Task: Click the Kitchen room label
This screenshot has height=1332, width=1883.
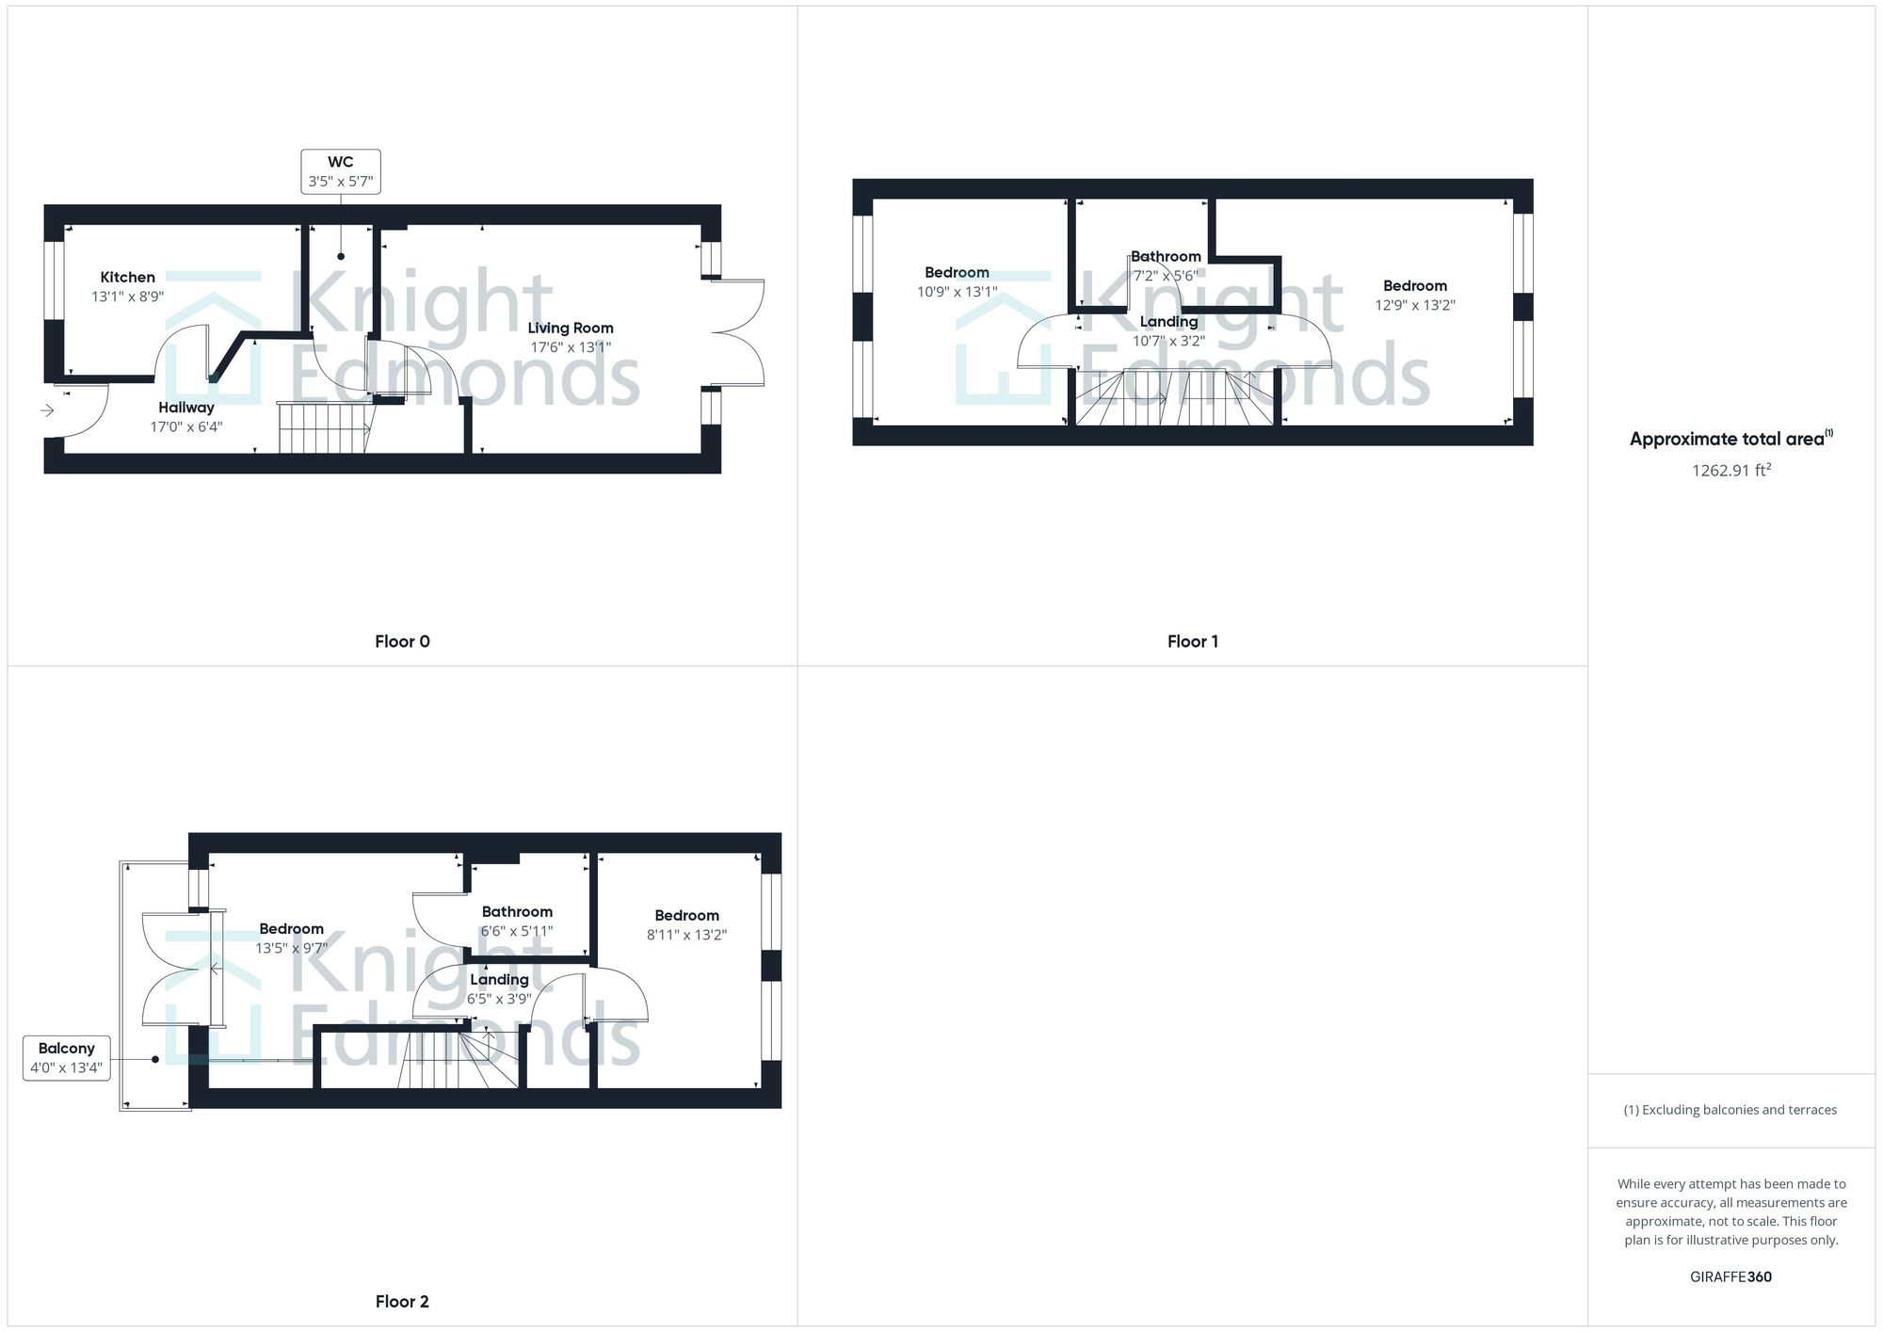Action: click(x=127, y=277)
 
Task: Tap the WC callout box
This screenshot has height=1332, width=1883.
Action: click(x=341, y=171)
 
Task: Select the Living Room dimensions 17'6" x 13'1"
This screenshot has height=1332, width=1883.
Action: click(x=571, y=347)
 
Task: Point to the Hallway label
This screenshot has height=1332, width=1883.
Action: click(x=186, y=408)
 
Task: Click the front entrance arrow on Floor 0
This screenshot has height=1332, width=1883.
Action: click(x=47, y=410)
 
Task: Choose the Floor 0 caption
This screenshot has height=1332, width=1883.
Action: click(x=402, y=642)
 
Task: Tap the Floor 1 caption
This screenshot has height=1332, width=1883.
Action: click(x=1192, y=642)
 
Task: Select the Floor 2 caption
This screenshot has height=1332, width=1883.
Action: click(x=402, y=1302)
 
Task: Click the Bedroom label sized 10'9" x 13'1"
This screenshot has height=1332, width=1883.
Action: click(x=957, y=273)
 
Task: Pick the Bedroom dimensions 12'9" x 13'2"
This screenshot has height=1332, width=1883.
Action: click(x=1415, y=305)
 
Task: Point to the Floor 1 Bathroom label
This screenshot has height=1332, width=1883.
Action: click(x=1166, y=256)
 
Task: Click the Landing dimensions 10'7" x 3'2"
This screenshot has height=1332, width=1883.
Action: click(x=1168, y=342)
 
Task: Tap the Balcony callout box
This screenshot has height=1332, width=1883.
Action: click(x=66, y=1058)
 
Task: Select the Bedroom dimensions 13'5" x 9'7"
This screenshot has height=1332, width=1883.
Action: click(x=292, y=949)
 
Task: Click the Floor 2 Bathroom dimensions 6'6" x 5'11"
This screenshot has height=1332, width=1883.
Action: click(x=517, y=931)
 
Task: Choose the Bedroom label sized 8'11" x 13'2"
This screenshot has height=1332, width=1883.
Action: click(x=686, y=916)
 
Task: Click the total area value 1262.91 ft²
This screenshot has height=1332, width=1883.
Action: click(x=1730, y=471)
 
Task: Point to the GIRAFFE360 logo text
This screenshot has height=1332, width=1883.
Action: click(x=1730, y=1277)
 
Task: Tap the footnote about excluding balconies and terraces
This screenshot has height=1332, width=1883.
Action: click(x=1730, y=1110)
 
